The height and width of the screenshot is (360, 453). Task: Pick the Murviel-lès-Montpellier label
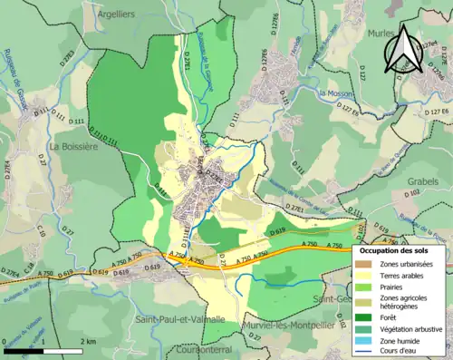[289, 325]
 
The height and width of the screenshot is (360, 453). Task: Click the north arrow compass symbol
[403, 50]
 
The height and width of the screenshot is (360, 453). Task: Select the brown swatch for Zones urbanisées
[365, 264]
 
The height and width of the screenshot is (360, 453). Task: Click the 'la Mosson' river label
[334, 93]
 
